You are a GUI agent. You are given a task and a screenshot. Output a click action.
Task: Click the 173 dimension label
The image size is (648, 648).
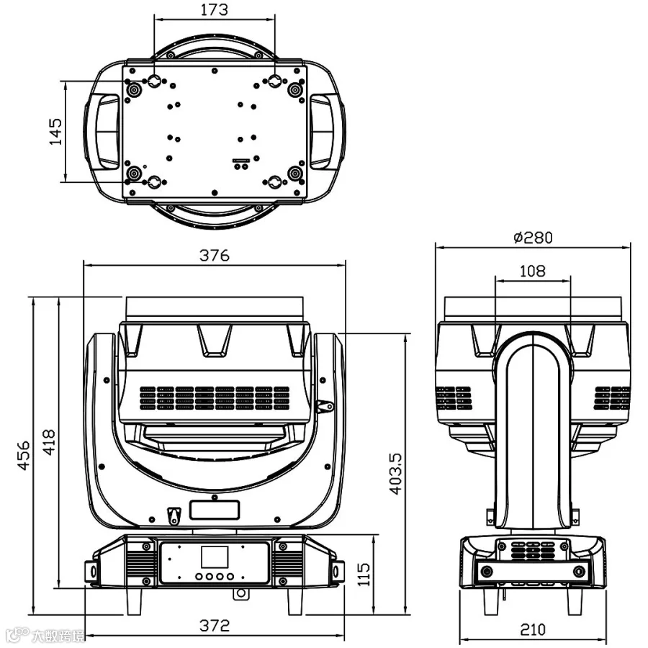[214, 9]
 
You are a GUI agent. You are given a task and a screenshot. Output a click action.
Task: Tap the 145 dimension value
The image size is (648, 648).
[55, 132]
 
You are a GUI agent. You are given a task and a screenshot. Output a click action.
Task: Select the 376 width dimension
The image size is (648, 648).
[214, 255]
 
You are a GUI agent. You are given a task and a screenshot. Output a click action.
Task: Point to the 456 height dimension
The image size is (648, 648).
[24, 455]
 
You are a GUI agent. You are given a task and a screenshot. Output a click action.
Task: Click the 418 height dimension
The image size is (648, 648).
[49, 442]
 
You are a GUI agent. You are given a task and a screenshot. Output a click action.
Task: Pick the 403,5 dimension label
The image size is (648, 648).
[395, 474]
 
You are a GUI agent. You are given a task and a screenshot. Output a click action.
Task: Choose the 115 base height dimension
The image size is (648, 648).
[364, 574]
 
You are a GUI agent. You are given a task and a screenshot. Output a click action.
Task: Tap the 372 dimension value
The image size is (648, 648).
[214, 625]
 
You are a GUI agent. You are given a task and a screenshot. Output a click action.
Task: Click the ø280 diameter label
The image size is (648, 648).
[533, 237]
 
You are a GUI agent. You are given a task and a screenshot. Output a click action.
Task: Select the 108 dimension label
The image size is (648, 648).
[532, 271]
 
